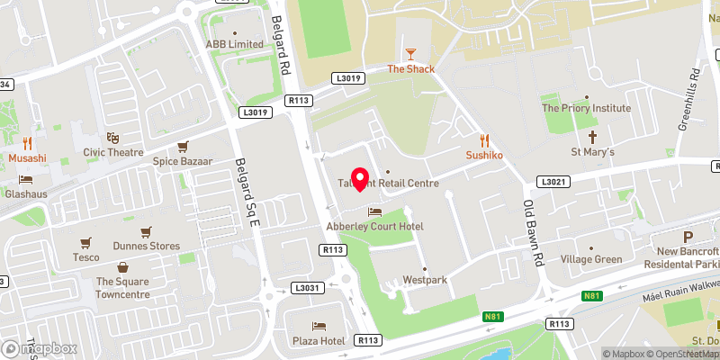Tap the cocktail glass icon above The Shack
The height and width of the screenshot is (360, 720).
click(411, 54)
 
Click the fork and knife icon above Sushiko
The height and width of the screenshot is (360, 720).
click(484, 139)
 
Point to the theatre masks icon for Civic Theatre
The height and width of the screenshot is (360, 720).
click(112, 138)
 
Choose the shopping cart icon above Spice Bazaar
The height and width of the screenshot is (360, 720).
click(183, 146)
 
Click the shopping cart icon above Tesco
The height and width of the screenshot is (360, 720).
click(86, 242)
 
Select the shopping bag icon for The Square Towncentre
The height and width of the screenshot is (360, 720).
click(123, 266)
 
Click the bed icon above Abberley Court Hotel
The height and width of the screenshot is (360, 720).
click(374, 211)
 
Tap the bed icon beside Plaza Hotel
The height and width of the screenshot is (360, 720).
click(319, 326)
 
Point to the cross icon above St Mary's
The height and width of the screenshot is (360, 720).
click(592, 137)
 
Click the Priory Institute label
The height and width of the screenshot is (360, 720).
click(586, 108)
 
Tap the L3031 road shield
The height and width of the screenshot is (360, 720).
click(306, 288)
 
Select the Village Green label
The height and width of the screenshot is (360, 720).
click(591, 259)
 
